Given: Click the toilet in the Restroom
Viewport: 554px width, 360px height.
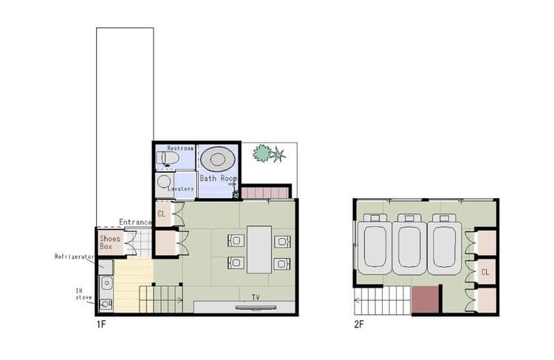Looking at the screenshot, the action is [x=167, y=158].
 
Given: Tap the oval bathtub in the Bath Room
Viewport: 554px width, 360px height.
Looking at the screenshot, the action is [x=218, y=159].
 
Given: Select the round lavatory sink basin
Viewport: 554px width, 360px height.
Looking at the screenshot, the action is [x=163, y=182].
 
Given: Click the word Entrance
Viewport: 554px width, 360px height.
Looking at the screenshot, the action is [x=135, y=222].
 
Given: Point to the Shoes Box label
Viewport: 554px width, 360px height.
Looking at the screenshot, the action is [x=109, y=242].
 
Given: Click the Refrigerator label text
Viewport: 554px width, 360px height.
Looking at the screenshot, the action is [x=74, y=257].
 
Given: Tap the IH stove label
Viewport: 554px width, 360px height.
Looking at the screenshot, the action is [x=83, y=294].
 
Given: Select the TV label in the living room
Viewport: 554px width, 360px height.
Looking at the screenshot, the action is [x=256, y=297].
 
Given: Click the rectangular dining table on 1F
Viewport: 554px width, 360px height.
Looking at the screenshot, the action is [x=259, y=250].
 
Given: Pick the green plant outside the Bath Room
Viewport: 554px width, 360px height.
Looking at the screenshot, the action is [x=269, y=153].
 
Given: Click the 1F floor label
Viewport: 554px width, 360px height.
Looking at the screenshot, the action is [x=101, y=325].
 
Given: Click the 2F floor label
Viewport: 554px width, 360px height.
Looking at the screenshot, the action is [x=359, y=325].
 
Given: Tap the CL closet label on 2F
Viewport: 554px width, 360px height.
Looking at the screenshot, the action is [x=485, y=272].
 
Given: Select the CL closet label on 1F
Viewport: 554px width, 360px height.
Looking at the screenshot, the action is [x=162, y=214].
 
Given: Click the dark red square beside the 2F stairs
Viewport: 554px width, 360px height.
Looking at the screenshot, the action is [x=425, y=300].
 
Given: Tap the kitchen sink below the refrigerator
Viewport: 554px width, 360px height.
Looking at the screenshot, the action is [x=106, y=283].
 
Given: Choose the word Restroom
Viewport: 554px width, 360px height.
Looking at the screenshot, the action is [x=180, y=148].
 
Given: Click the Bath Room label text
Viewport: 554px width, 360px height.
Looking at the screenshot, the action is [x=218, y=178].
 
